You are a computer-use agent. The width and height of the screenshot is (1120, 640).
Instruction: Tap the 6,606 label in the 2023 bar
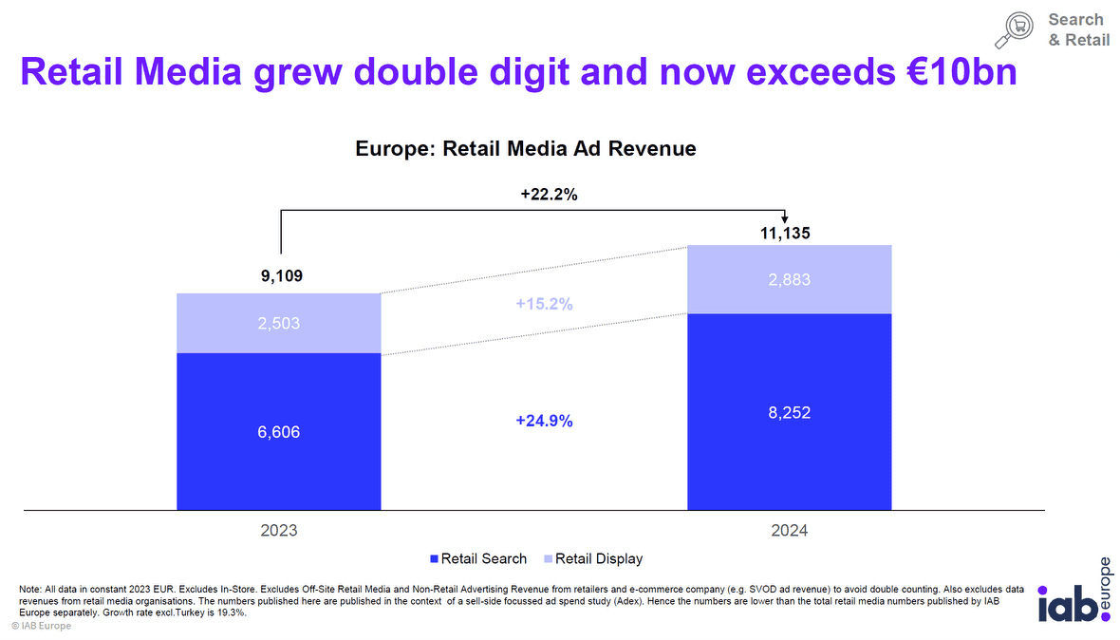(279, 432)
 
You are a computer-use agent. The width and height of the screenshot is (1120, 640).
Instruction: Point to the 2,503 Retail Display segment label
(279, 324)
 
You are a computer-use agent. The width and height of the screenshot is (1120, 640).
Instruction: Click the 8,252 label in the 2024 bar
(789, 413)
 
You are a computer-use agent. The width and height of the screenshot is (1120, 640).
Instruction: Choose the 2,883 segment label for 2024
(789, 280)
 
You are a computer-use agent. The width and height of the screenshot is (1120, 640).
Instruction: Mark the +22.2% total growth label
(550, 195)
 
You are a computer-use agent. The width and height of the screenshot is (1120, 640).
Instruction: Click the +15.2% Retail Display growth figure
(544, 305)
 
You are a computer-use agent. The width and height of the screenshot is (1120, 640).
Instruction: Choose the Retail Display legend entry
(593, 558)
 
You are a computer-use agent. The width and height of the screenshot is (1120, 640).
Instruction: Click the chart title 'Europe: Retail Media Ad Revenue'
(526, 148)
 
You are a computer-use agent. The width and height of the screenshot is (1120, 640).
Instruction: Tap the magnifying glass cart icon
(1016, 29)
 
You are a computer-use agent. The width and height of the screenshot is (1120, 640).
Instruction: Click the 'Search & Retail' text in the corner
(1078, 29)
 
